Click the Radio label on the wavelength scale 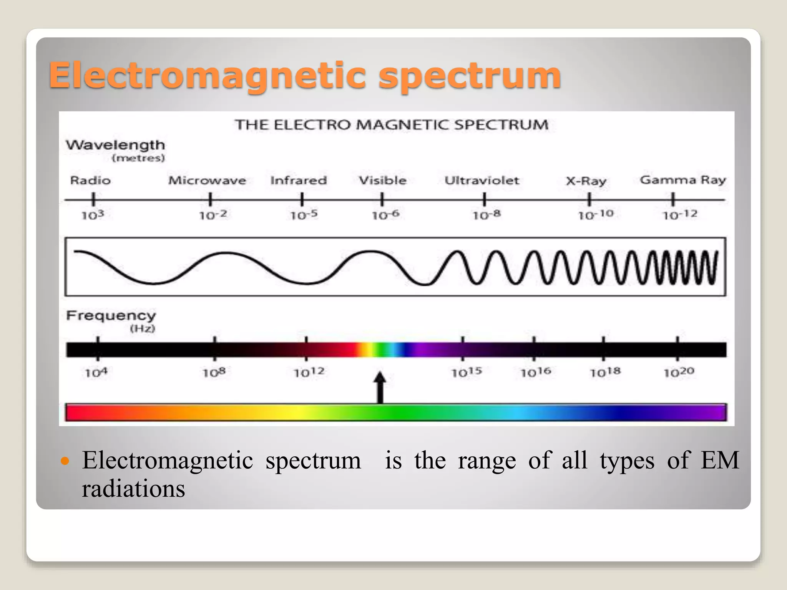[90, 180]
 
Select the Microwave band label [207, 180]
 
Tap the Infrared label [299, 180]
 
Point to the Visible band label [382, 180]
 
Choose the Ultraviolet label [482, 180]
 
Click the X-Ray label [586, 181]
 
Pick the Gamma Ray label [683, 180]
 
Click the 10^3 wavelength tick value [93, 215]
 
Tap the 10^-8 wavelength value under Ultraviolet [486, 215]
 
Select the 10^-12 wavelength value [680, 215]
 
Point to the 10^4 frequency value [96, 372]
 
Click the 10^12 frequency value [309, 372]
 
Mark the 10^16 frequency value [536, 372]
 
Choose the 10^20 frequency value [679, 372]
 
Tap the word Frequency [111, 315]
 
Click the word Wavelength [115, 145]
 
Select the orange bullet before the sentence [65, 461]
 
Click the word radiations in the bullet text [133, 489]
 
